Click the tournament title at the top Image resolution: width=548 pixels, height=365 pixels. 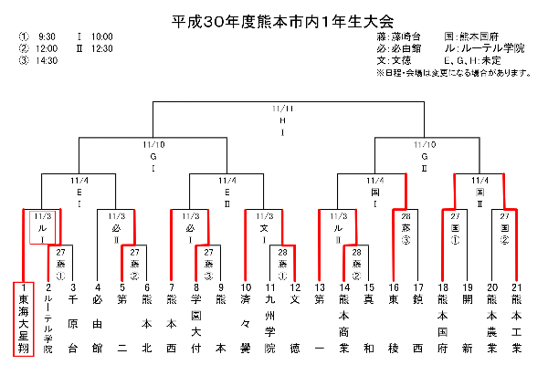[275, 18]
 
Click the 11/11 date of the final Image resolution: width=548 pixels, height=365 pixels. [282, 109]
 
